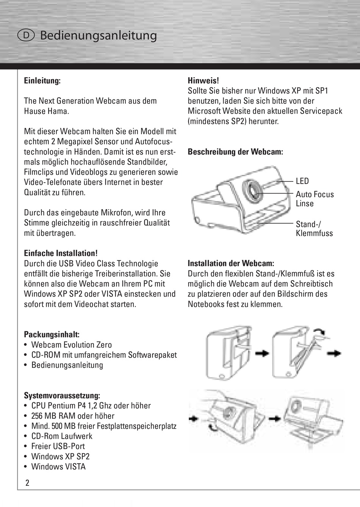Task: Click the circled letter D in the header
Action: click(26, 35)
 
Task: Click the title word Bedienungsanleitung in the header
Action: click(98, 35)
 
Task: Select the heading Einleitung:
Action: click(42, 81)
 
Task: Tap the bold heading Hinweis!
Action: click(203, 81)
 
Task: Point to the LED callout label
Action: click(302, 181)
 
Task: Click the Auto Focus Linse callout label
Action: click(315, 199)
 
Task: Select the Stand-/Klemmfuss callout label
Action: click(314, 229)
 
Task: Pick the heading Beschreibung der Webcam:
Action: click(235, 152)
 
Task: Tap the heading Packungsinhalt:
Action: click(52, 335)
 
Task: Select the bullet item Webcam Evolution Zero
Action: click(71, 345)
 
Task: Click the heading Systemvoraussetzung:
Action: click(62, 396)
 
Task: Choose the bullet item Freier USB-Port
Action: click(58, 446)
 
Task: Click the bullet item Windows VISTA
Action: click(58, 467)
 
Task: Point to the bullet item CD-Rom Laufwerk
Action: click(62, 436)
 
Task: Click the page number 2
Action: click(27, 483)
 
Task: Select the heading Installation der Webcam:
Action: click(231, 264)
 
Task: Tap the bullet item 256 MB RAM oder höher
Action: click(73, 416)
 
